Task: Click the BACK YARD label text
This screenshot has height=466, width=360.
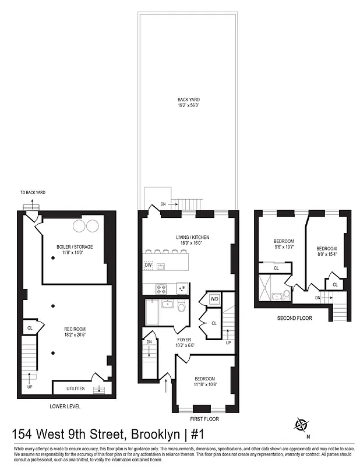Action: pyautogui.click(x=189, y=100)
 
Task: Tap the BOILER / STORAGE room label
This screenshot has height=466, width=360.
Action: pyautogui.click(x=75, y=247)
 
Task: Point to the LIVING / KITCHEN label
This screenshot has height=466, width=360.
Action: pyautogui.click(x=192, y=237)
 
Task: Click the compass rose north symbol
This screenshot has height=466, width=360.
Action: pyautogui.click(x=302, y=423)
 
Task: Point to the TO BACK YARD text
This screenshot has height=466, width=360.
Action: pyautogui.click(x=33, y=192)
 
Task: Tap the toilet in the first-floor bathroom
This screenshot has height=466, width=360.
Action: pyautogui.click(x=181, y=306)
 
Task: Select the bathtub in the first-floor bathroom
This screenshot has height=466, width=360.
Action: pyautogui.click(x=151, y=312)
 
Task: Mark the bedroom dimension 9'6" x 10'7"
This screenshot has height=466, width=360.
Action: pyautogui.click(x=284, y=247)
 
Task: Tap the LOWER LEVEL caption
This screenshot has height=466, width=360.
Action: pyautogui.click(x=65, y=406)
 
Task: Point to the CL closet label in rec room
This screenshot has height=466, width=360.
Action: pyautogui.click(x=29, y=329)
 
